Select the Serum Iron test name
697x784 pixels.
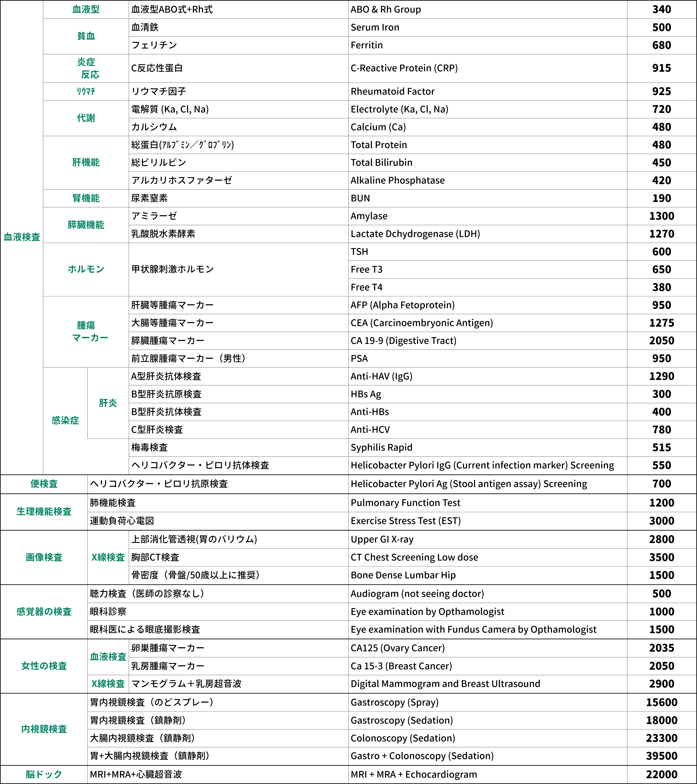click(x=375, y=28)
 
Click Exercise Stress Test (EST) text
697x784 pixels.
click(x=405, y=521)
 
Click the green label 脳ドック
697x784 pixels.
click(x=44, y=774)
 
